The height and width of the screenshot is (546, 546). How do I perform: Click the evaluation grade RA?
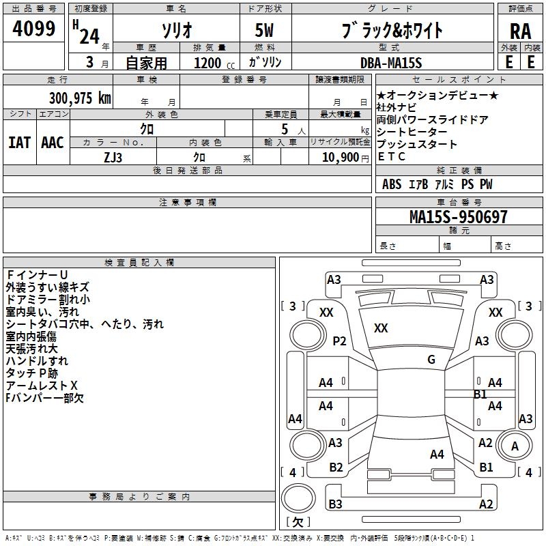(x=520, y=31)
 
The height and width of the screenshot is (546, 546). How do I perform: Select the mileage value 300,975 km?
(x=80, y=98)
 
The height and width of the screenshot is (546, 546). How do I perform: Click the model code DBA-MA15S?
(x=392, y=63)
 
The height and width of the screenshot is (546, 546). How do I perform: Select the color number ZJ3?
(x=113, y=157)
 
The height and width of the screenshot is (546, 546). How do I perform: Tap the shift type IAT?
(x=19, y=143)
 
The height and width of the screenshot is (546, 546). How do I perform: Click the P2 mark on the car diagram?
(x=339, y=341)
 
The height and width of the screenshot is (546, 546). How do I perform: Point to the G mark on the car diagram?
(x=431, y=360)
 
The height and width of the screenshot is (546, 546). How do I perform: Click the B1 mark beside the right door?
(x=480, y=394)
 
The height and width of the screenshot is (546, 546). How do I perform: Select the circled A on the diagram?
(x=514, y=446)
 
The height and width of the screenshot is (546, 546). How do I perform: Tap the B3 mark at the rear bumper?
(x=336, y=504)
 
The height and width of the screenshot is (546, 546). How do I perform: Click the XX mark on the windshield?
(x=381, y=328)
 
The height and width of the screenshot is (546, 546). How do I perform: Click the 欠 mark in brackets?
(x=297, y=522)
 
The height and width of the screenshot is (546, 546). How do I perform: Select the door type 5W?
(x=266, y=31)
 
